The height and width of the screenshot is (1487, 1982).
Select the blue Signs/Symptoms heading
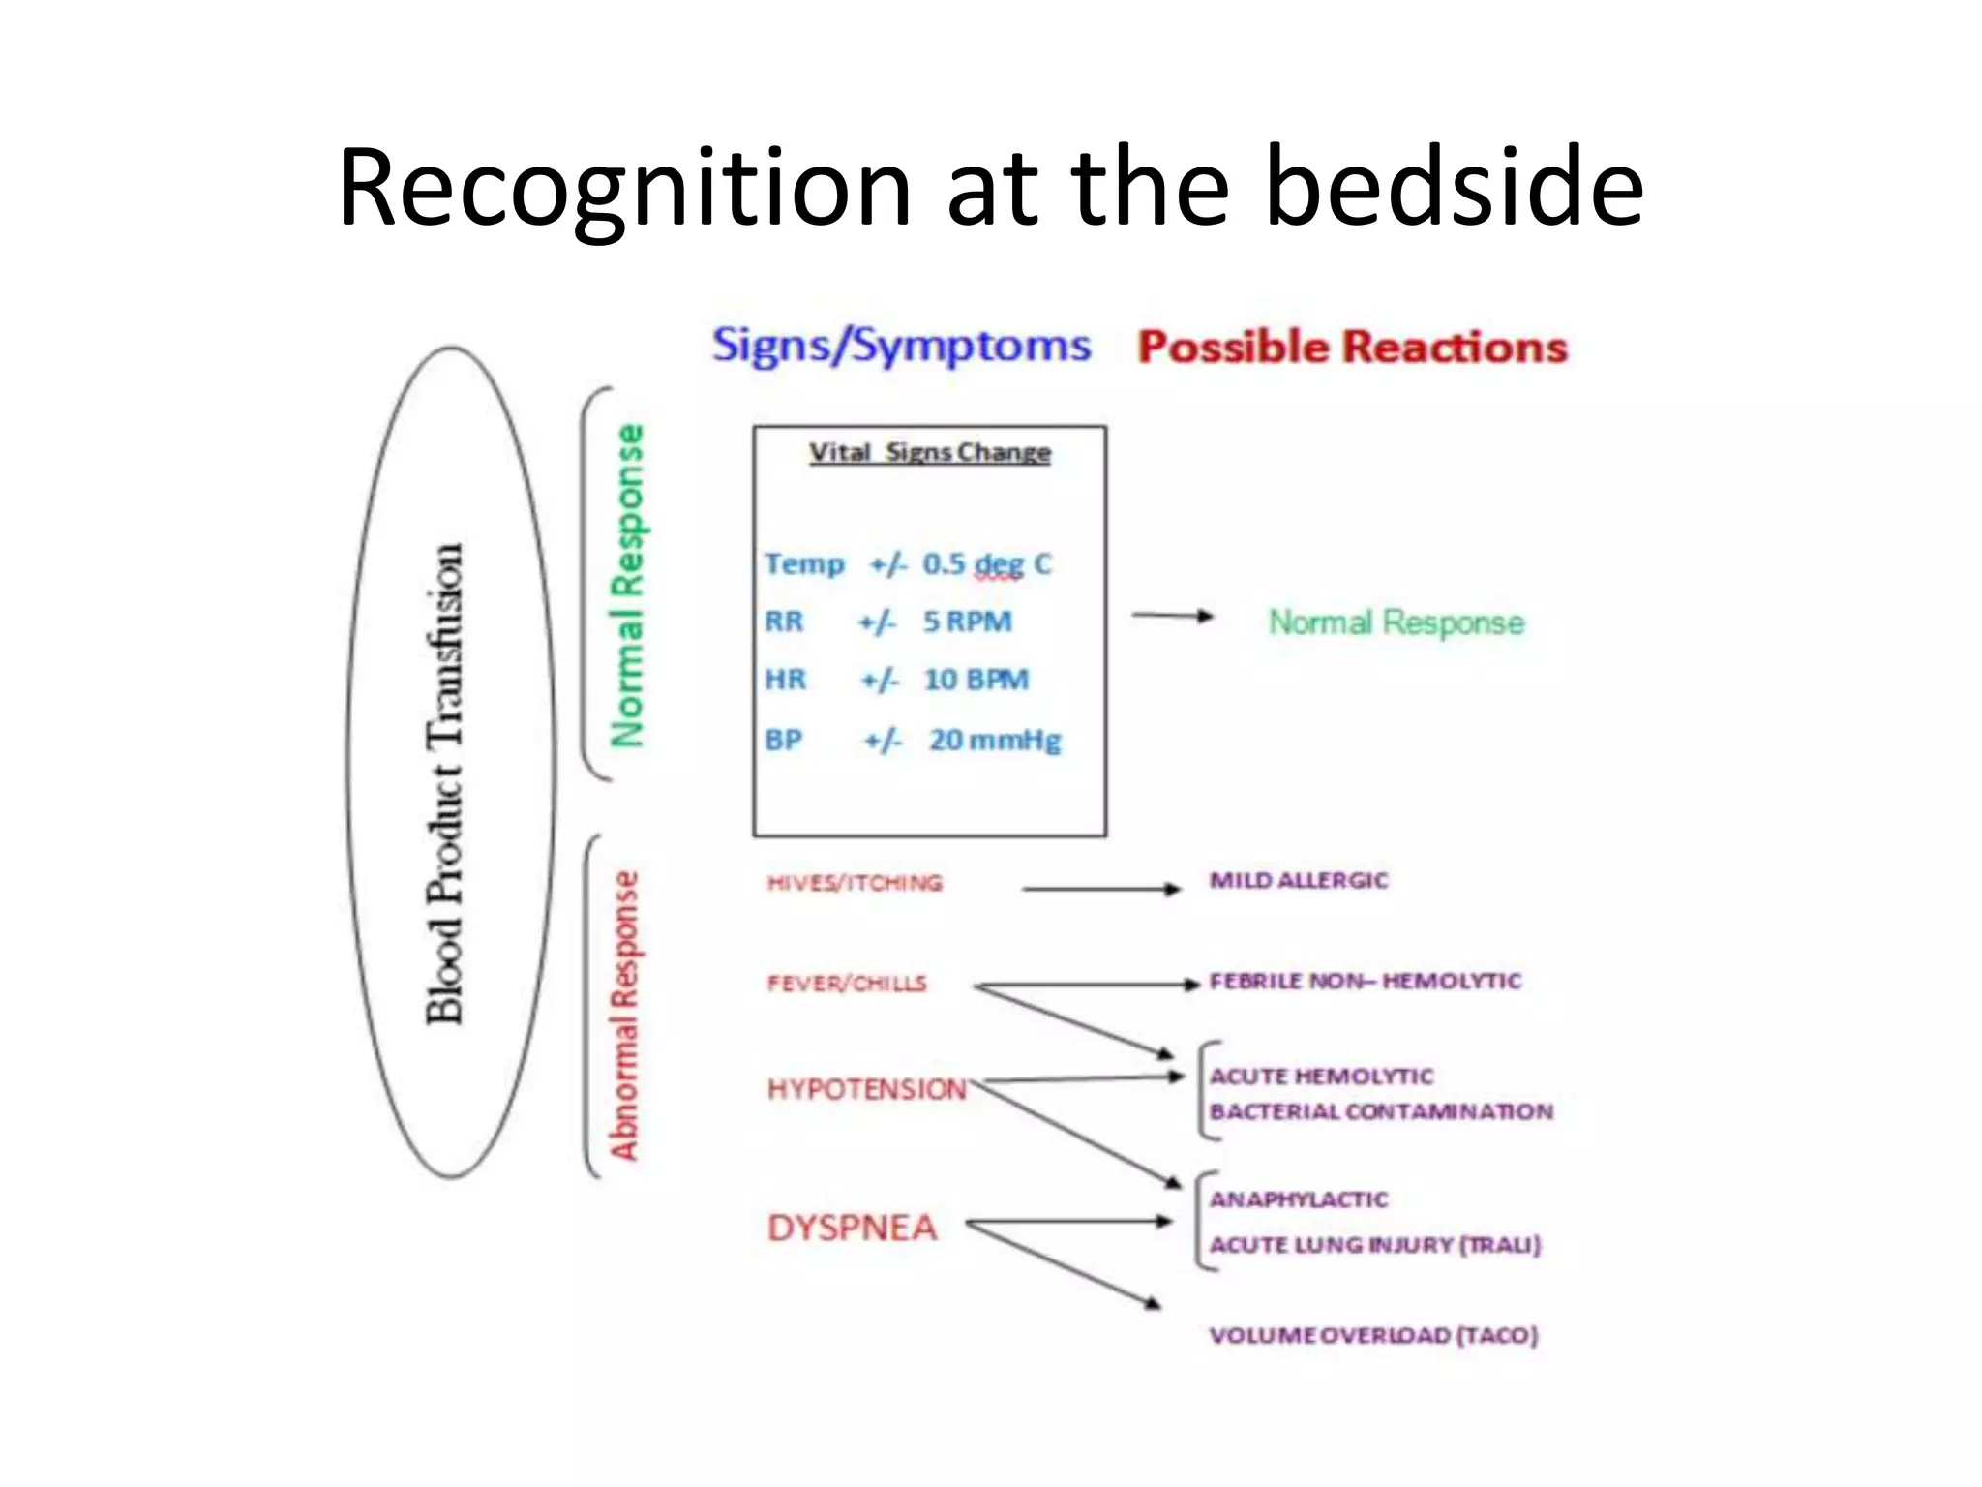click(901, 347)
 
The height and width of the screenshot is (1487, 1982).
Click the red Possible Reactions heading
click(1352, 348)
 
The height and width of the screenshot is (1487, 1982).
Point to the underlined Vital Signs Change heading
click(929, 453)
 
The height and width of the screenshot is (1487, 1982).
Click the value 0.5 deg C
click(986, 564)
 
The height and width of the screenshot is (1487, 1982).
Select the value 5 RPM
click(967, 622)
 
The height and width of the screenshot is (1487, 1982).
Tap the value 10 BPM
click(976, 681)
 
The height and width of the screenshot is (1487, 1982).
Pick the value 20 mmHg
click(995, 741)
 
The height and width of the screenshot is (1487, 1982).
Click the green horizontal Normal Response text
click(1396, 622)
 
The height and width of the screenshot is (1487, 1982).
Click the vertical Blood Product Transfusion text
click(446, 784)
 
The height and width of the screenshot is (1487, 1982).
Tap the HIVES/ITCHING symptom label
click(854, 883)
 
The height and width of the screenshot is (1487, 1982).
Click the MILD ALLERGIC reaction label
click(1298, 881)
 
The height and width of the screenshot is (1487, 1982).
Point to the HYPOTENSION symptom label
click(866, 1090)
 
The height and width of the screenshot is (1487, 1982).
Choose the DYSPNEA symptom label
click(852, 1229)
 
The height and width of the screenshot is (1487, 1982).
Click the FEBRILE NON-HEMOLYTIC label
click(1365, 982)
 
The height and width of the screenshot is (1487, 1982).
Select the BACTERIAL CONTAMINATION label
click(1381, 1111)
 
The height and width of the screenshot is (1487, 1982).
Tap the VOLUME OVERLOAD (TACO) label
click(1372, 1336)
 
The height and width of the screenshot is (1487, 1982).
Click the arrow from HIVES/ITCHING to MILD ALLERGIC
click(1100, 889)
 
